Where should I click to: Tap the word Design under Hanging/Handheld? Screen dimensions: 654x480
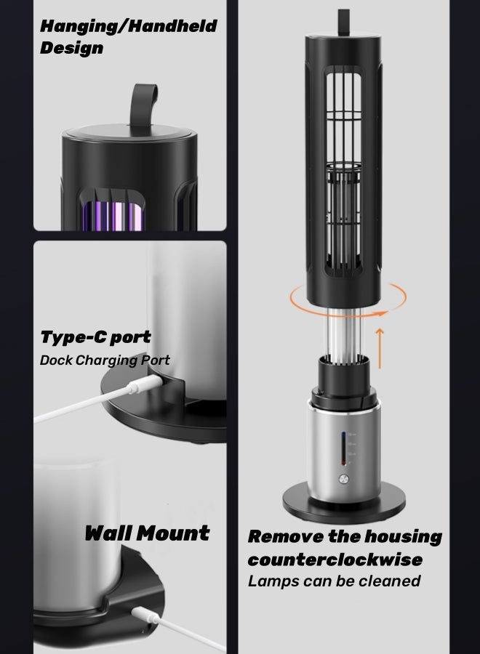(71, 49)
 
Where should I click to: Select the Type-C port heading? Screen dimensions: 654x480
(95, 337)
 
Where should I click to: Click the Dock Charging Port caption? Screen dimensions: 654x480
(105, 360)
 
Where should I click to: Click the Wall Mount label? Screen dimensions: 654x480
(147, 533)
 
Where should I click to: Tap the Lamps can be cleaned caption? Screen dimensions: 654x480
(334, 581)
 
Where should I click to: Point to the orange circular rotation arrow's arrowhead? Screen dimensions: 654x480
(380, 312)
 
